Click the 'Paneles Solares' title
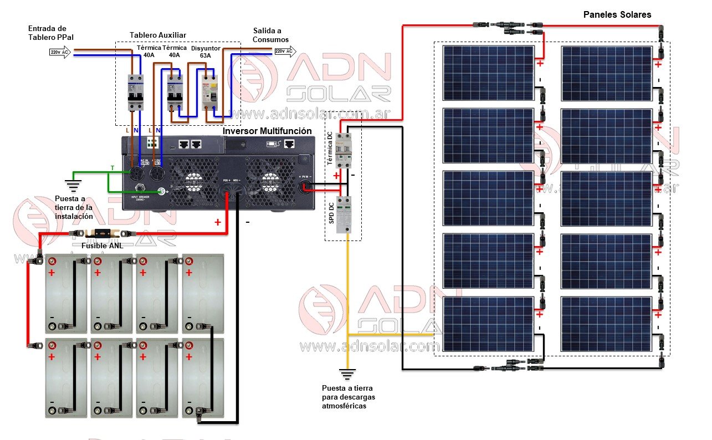pyautogui.click(x=617, y=14)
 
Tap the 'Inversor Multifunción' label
pyautogui.click(x=267, y=131)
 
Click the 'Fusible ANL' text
pyautogui.click(x=103, y=245)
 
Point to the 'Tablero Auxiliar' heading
pyautogui.click(x=154, y=35)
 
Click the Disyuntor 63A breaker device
pyautogui.click(x=209, y=92)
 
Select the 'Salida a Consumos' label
pyautogui.click(x=271, y=35)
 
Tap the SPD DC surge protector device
pyautogui.click(x=345, y=213)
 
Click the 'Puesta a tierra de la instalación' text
pyautogui.click(x=74, y=208)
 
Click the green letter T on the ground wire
pyautogui.click(x=112, y=168)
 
